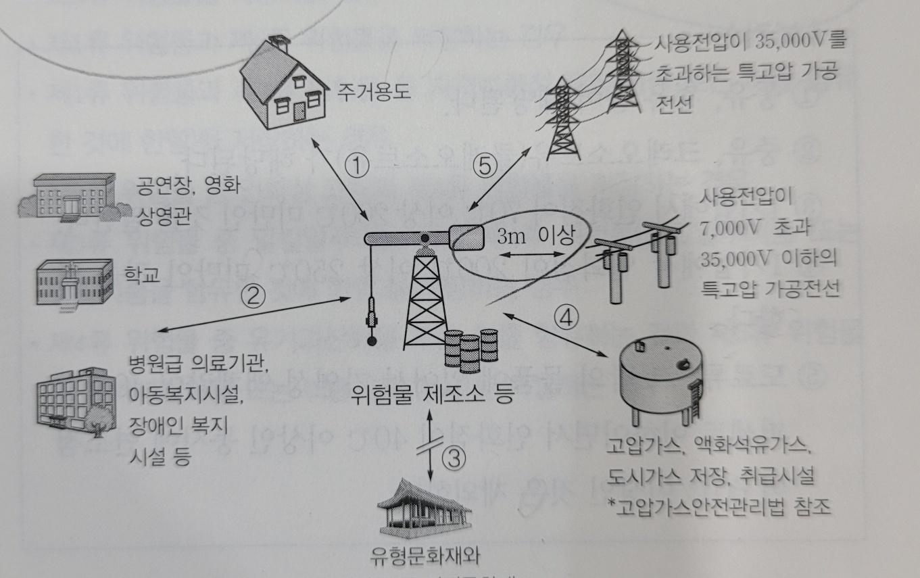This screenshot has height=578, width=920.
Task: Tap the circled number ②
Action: (256, 295)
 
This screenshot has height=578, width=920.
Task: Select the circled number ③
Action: (455, 458)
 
